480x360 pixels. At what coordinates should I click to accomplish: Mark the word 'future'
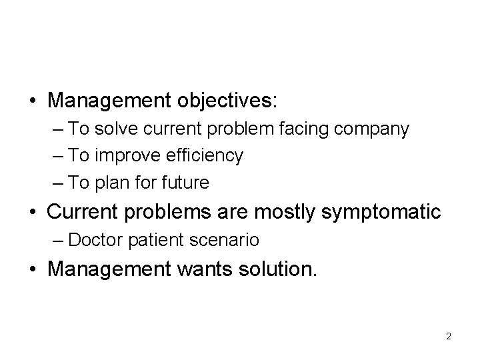click(183, 182)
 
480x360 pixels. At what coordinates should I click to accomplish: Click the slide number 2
click(449, 336)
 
